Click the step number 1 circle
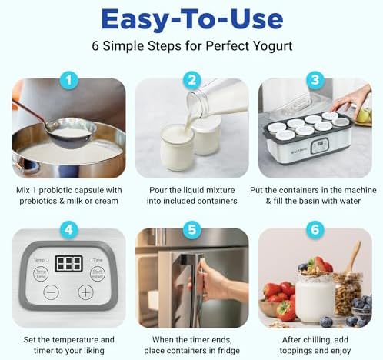click(69, 79)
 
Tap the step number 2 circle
click(191, 79)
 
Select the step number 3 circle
click(314, 79)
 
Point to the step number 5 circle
click(191, 228)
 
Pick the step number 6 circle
click(314, 228)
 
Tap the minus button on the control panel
click(50, 292)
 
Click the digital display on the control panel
click(68, 264)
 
